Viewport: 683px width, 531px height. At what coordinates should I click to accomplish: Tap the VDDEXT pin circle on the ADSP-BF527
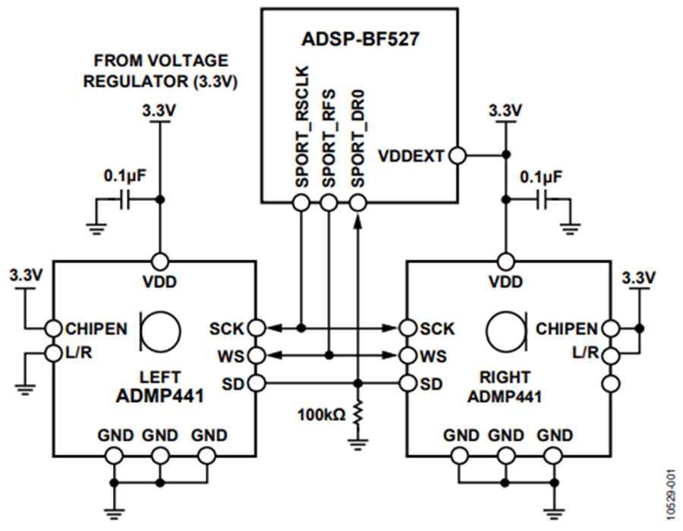(x=457, y=156)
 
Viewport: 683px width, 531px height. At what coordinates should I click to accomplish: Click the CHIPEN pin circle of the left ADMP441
(x=52, y=328)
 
